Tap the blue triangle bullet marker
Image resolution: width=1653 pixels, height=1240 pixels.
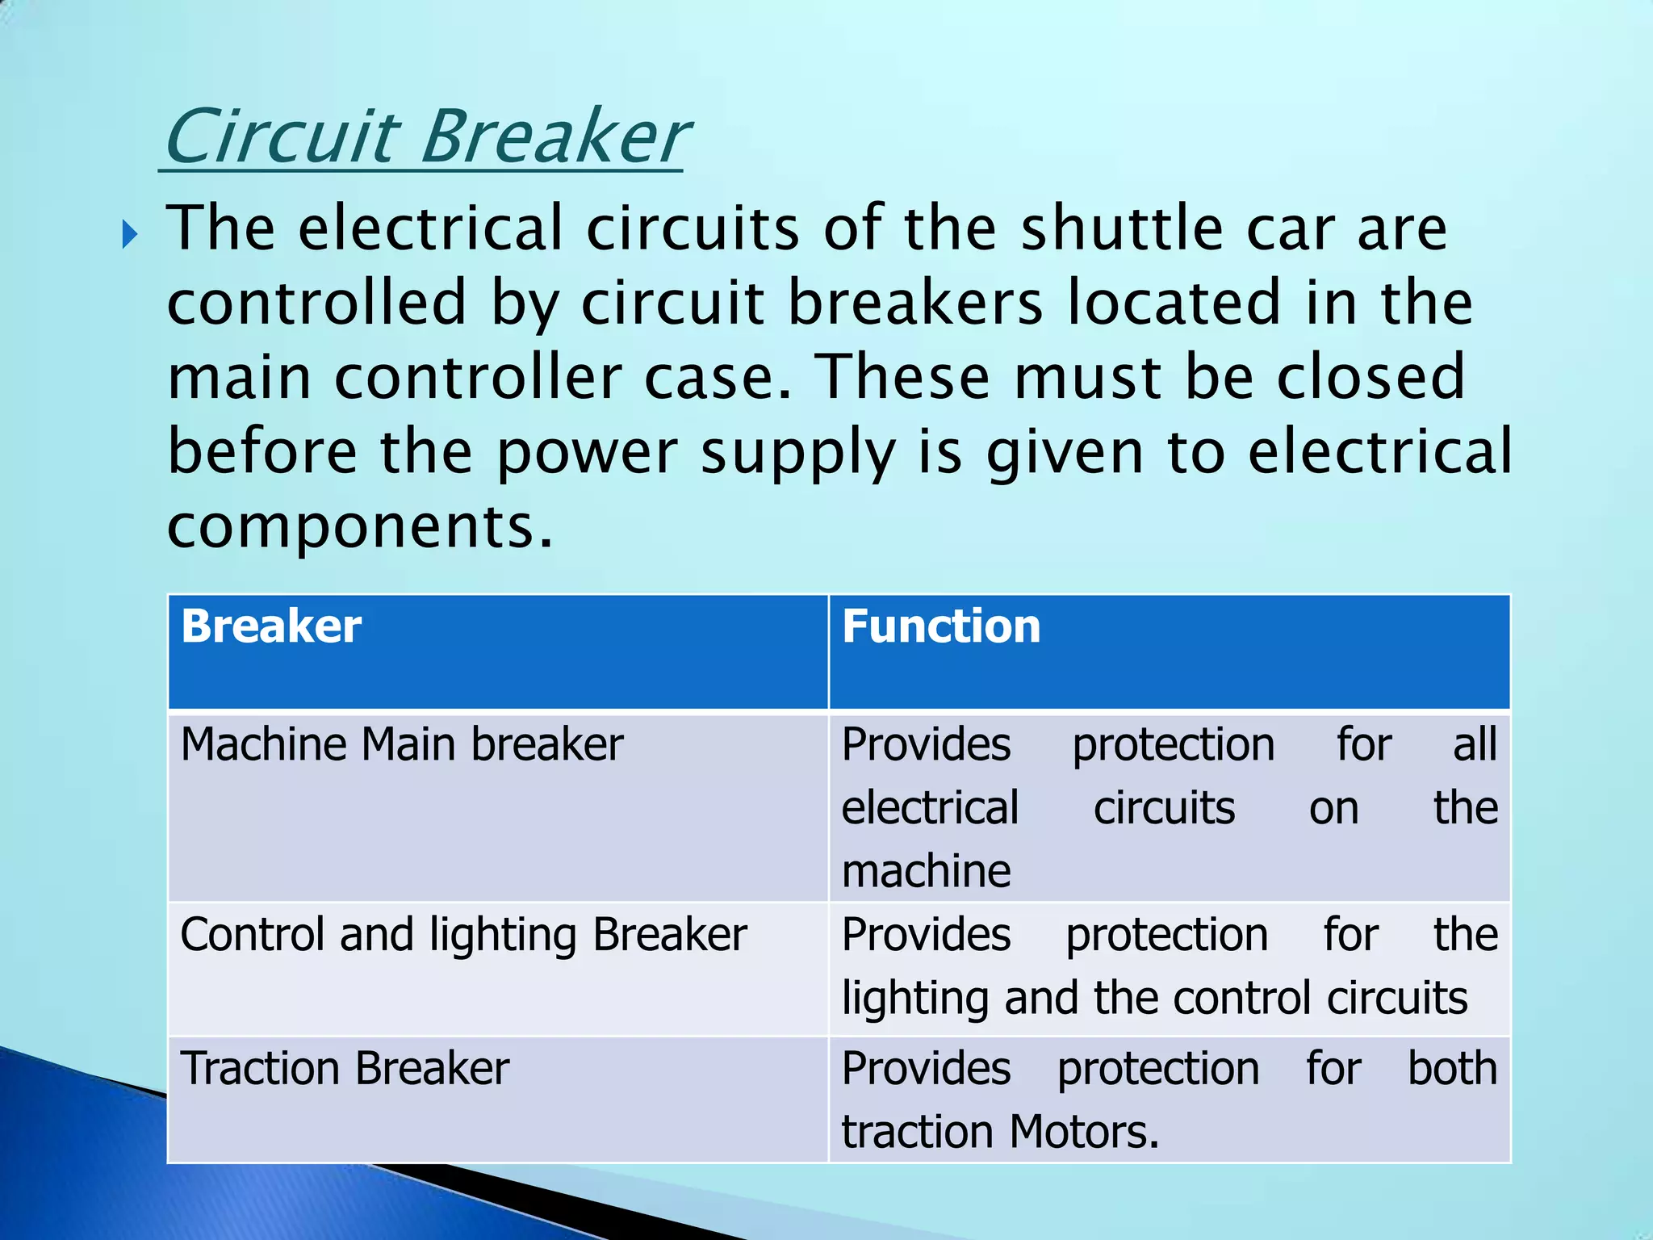pos(130,236)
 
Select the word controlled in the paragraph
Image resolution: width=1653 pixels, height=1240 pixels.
pos(316,303)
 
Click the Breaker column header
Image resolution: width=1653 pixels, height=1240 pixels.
pos(271,626)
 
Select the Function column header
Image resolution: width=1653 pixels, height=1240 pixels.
pos(941,626)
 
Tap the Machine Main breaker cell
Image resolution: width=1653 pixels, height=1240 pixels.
pos(402,744)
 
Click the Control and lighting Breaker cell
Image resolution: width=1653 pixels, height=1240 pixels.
pos(463,935)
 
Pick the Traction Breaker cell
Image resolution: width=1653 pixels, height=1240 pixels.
pos(345,1069)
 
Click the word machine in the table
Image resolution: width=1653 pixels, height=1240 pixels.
pos(926,872)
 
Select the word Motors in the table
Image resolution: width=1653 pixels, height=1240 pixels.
pos(1083,1132)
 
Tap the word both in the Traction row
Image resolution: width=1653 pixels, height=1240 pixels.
pos(1452,1069)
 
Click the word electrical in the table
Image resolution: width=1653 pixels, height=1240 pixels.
pos(930,808)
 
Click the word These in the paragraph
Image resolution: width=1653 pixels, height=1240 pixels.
pos(902,377)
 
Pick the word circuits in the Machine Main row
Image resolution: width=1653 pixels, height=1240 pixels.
pos(1164,808)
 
